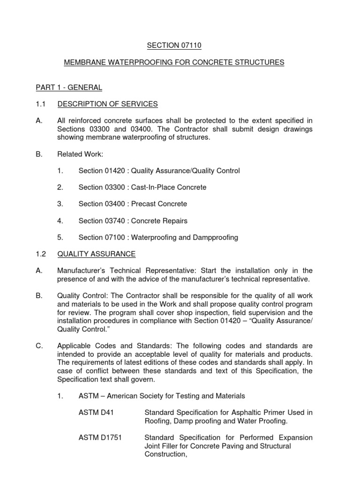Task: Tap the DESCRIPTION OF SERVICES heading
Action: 107,104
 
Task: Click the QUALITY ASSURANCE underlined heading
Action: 97,254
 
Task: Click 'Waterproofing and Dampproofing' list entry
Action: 184,238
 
